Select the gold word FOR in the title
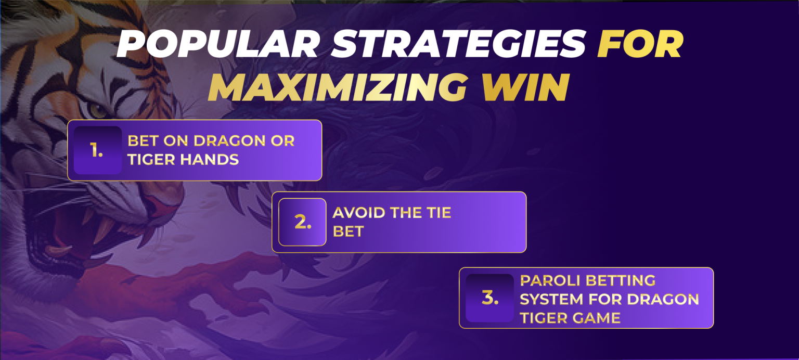(640, 46)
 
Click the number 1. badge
(97, 150)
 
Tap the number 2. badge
(302, 222)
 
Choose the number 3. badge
(489, 298)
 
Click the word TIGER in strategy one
(150, 160)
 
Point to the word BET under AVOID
(347, 232)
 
